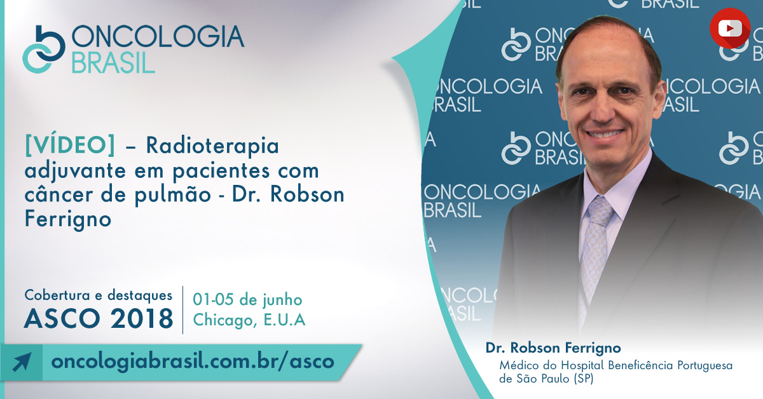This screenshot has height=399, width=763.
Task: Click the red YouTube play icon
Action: click(x=730, y=28)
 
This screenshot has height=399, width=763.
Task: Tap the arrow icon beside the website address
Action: click(x=22, y=362)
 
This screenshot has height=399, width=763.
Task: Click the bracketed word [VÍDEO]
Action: click(x=70, y=145)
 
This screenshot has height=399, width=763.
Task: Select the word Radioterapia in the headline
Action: click(x=212, y=145)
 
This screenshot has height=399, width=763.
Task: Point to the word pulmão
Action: click(x=173, y=194)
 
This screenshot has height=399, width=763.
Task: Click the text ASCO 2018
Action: click(x=99, y=319)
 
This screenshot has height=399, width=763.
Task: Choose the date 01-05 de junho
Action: click(x=247, y=300)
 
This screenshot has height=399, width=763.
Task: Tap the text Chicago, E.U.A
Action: click(x=249, y=320)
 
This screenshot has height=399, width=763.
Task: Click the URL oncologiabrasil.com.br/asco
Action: click(x=193, y=362)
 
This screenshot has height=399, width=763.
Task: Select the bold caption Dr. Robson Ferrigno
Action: click(x=553, y=348)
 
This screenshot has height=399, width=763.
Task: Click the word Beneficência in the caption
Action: click(x=641, y=365)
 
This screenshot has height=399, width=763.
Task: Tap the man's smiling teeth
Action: click(x=605, y=133)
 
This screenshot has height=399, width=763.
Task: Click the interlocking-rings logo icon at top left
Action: click(x=44, y=50)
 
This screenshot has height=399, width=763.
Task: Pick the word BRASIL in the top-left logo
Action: click(x=113, y=63)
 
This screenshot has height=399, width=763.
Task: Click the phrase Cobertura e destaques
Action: click(x=99, y=295)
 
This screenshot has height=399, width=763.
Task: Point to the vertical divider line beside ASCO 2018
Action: click(x=183, y=310)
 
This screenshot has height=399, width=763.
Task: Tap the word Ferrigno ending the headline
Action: click(x=68, y=219)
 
